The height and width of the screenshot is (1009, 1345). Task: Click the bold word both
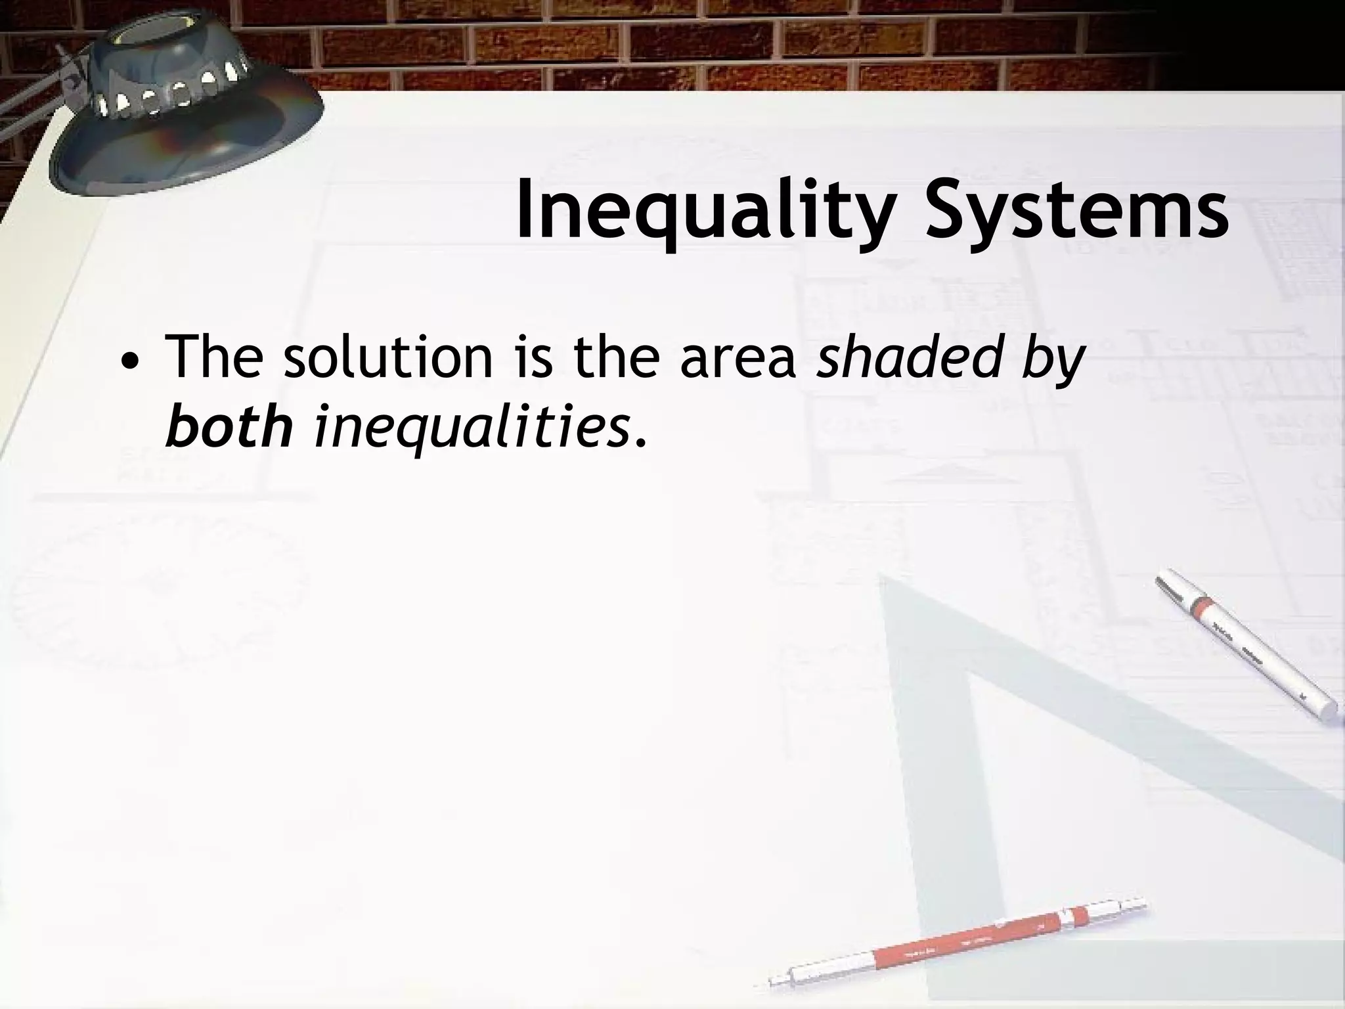coord(229,427)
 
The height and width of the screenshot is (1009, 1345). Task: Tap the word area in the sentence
coord(738,358)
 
